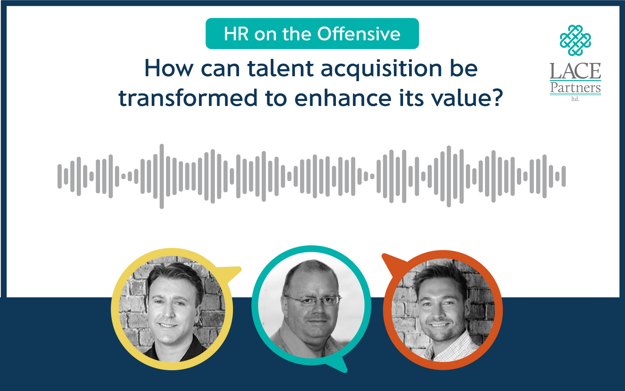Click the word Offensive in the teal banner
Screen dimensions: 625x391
[x=359, y=34]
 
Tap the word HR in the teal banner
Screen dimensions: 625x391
[x=236, y=34]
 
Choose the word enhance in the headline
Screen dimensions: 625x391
[x=343, y=98]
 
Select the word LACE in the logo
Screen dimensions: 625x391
[x=576, y=71]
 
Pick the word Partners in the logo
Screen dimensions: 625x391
[x=576, y=88]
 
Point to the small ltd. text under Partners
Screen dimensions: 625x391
[x=575, y=99]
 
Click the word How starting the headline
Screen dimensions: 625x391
[x=169, y=69]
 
